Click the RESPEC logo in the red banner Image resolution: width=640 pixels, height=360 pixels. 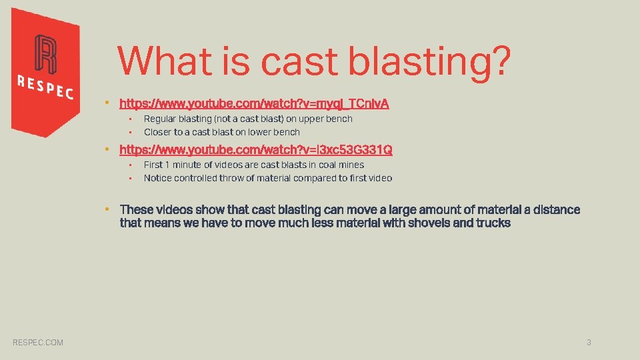(45, 69)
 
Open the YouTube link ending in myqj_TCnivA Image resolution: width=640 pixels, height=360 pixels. (254, 103)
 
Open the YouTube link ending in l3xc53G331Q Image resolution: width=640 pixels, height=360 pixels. (255, 149)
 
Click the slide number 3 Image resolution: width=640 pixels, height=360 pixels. (589, 342)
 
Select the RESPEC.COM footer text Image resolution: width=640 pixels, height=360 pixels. (38, 342)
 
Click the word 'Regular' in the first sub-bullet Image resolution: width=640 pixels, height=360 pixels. (160, 119)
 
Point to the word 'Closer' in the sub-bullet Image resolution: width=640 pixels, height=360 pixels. (157, 132)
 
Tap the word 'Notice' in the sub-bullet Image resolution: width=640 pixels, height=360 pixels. (157, 178)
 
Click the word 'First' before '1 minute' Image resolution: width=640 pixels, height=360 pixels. (153, 165)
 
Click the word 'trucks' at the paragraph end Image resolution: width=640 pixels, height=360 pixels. (493, 223)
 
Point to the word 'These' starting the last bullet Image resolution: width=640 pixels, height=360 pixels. (136, 209)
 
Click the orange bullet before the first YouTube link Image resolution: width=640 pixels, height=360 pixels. (107, 103)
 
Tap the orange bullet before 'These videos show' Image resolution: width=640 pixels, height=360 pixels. (107, 209)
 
